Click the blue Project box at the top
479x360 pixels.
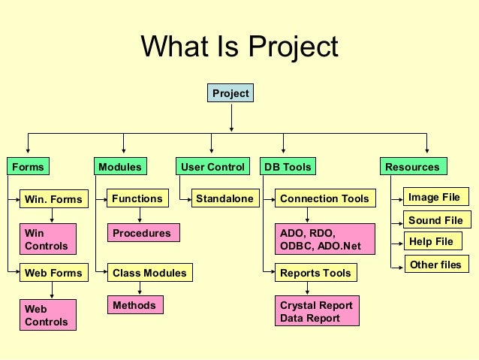pos(230,93)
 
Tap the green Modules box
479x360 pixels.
pos(119,166)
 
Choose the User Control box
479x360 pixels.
pos(213,166)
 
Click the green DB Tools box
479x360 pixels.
pos(287,166)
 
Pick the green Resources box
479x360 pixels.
pos(412,166)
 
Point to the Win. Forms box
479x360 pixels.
pos(51,199)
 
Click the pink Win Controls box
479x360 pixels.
pos(47,240)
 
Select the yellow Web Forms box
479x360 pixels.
pos(52,273)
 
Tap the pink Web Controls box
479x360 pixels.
pos(47,315)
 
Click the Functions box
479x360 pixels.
pos(137,198)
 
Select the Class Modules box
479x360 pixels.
pos(149,273)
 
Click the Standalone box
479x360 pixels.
pos(223,198)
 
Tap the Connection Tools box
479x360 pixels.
pos(324,198)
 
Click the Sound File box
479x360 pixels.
pos(435,220)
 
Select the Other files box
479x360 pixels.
pos(435,265)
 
